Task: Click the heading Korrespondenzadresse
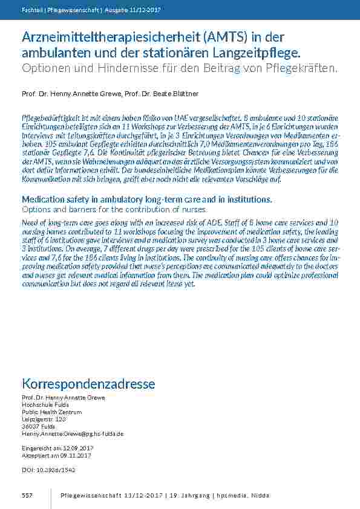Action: coord(88,384)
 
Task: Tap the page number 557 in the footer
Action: coord(27,495)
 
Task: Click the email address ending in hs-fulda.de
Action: coord(73,433)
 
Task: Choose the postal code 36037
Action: coord(30,426)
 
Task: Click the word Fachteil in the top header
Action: coord(31,10)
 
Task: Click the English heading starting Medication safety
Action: coord(146,199)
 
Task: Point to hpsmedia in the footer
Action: coord(234,495)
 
